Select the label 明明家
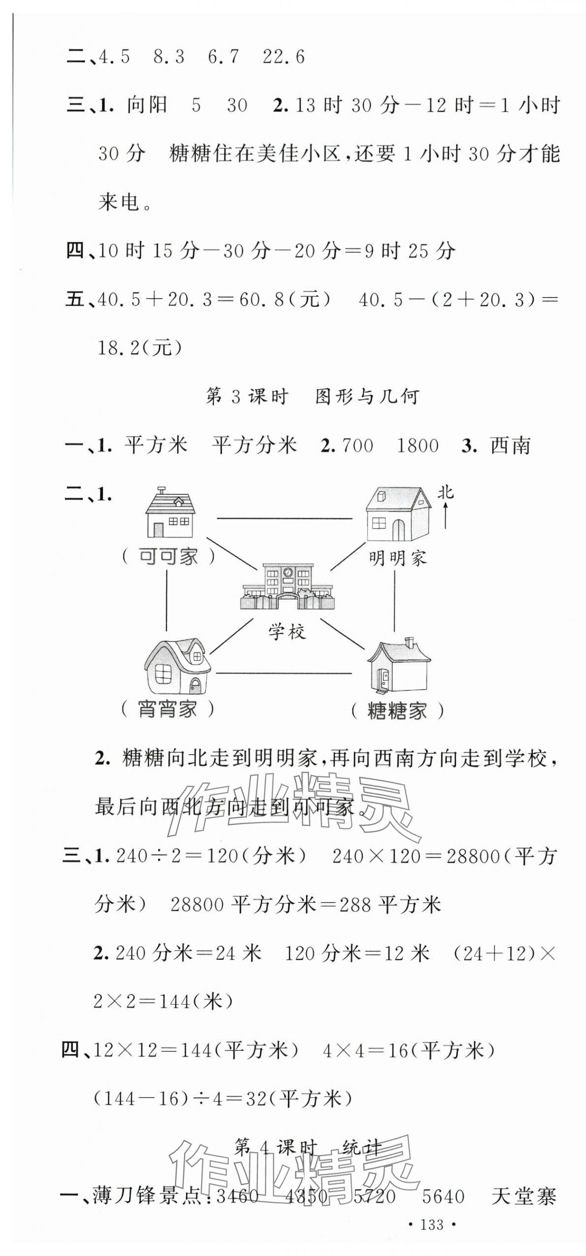click(x=398, y=558)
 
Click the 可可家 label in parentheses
click(x=168, y=556)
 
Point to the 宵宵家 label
click(x=168, y=709)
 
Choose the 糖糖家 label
click(x=397, y=711)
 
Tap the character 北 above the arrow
click(x=446, y=493)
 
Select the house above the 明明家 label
click(x=397, y=514)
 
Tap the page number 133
click(x=432, y=1225)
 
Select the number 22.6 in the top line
click(x=283, y=57)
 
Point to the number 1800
click(x=417, y=446)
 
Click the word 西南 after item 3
click(x=510, y=446)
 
